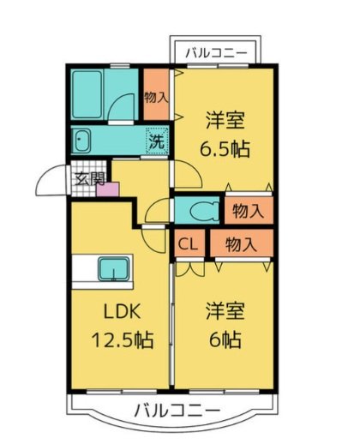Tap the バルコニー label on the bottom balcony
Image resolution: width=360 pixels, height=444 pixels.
coord(177,408)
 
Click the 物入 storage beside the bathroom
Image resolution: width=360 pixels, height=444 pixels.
coord(156,97)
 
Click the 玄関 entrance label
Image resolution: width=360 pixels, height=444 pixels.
coord(88,179)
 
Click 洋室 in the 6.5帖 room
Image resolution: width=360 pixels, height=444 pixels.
coord(225,118)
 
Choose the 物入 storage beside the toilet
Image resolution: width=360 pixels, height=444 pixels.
coord(249,210)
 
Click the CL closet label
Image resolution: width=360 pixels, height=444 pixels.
coord(189,245)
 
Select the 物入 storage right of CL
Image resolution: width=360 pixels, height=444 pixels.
coord(241,245)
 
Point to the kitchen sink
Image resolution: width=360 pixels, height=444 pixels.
coord(111,269)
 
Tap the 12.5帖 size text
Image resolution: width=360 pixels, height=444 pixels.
coord(122,340)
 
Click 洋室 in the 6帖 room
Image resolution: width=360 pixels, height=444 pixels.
coord(224,311)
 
